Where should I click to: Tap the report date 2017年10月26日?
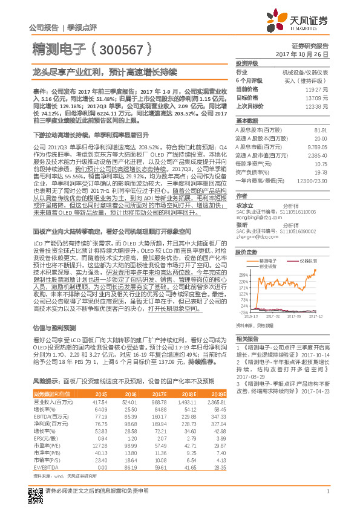305,54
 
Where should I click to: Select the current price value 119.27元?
317,88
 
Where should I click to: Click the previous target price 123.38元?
317,106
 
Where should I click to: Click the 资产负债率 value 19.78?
321,172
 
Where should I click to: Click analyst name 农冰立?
244,205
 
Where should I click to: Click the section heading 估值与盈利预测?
52,326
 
